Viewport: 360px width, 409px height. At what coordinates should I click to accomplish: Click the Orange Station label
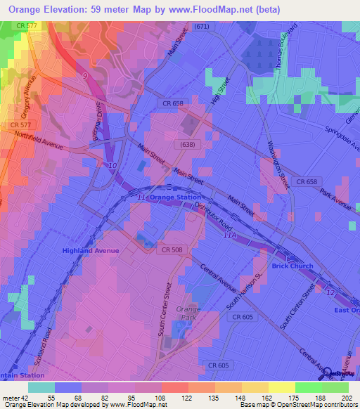(176, 198)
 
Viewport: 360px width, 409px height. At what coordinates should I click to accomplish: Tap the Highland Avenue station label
(91, 250)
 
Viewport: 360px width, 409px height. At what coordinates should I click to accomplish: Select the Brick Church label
(292, 266)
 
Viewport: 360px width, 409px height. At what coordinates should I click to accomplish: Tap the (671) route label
(202, 26)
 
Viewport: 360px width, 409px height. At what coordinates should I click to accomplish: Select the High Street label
(219, 93)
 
